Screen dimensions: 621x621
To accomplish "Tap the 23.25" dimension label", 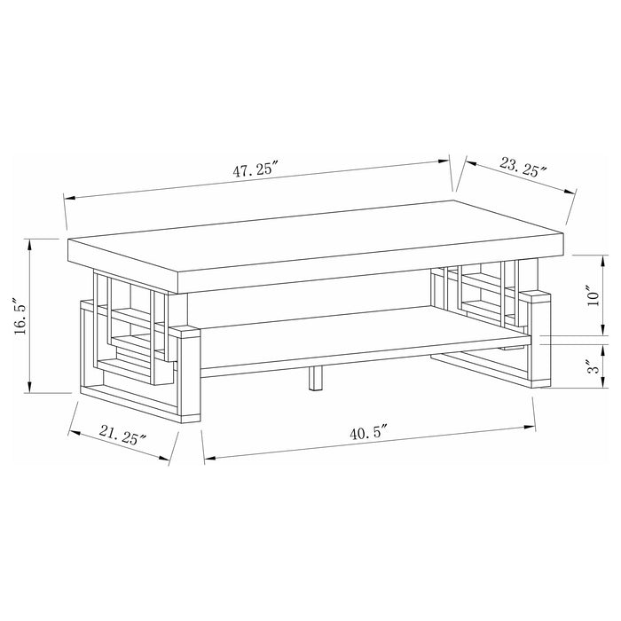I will tap(523, 167).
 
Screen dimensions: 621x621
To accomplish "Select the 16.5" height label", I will tap(18, 316).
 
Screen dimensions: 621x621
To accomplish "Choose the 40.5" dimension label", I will tap(371, 434).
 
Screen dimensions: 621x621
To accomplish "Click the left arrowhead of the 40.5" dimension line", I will tap(208, 460).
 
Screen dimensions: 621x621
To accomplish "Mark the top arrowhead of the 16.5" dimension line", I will tap(31, 241).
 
